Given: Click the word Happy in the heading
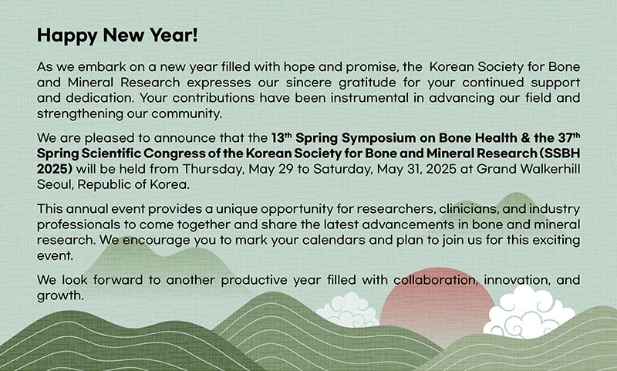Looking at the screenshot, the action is (x=67, y=35).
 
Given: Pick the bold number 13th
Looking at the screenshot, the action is (x=282, y=138).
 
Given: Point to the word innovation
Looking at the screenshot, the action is (x=516, y=280).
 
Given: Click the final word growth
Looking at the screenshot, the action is (x=60, y=296).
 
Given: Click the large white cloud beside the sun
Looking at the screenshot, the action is (x=529, y=313).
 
